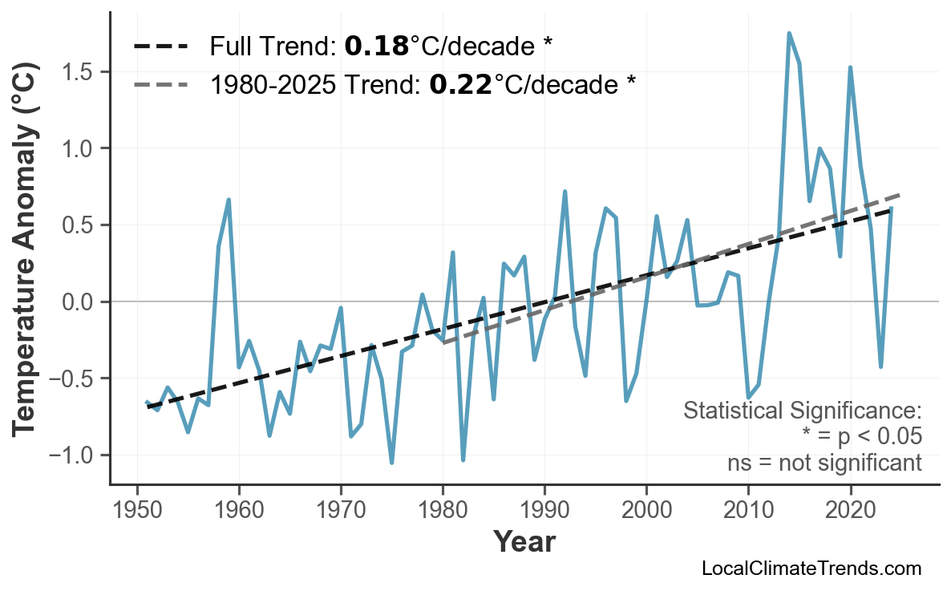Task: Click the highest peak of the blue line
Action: [x=789, y=34]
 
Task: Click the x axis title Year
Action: [x=524, y=542]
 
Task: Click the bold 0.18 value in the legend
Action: [x=376, y=47]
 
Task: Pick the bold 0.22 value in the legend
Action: [x=460, y=83]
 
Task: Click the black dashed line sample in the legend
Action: [x=160, y=47]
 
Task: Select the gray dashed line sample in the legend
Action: [x=160, y=83]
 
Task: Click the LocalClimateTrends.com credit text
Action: [x=811, y=569]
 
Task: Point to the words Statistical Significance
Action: [x=802, y=411]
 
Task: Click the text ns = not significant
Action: [x=824, y=463]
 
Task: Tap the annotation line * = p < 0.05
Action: [x=861, y=437]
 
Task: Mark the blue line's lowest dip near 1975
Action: [x=391, y=463]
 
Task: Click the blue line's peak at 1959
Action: [x=229, y=200]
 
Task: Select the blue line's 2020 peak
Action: [x=850, y=67]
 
